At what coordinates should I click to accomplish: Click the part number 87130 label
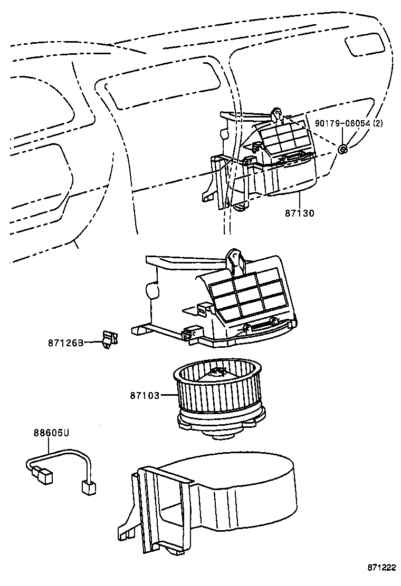pos(299,213)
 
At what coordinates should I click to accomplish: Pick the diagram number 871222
pos(381,567)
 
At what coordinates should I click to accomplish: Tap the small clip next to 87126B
pos(109,339)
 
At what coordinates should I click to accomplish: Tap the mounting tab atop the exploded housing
pos(234,261)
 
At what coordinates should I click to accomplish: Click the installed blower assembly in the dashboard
pos(264,163)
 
